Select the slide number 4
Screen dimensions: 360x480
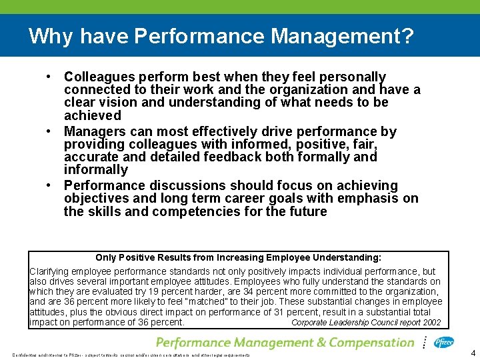(472, 353)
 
